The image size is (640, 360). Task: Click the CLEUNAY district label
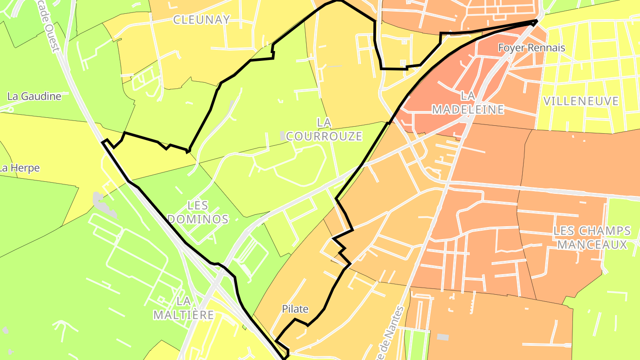[x=202, y=20]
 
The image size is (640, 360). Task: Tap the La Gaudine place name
[x=34, y=96]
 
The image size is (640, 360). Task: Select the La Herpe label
[x=20, y=168]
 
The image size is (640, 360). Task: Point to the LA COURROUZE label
[x=324, y=129]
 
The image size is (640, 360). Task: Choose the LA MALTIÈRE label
[x=184, y=308]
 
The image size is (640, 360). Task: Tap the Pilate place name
[x=295, y=309]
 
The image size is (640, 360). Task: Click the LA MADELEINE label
[x=468, y=103]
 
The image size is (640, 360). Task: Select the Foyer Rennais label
[x=532, y=48]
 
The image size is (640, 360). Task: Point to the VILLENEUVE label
[x=581, y=101]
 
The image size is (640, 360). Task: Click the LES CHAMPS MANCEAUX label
[x=592, y=238]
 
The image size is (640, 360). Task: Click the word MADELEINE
[x=468, y=109]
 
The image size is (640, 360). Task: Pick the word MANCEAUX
[x=592, y=244]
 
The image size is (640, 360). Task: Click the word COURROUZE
[x=324, y=136]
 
